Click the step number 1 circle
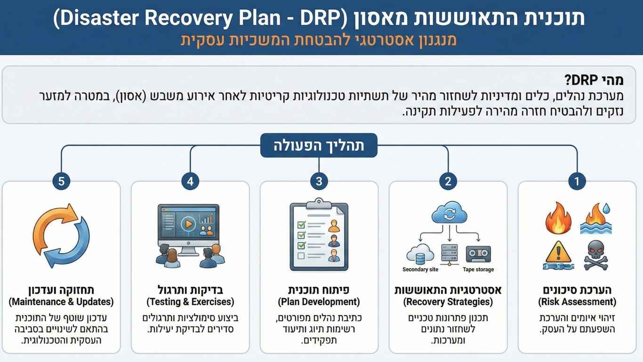[577, 181]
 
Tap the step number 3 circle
[319, 181]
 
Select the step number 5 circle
[61, 181]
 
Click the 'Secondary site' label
[420, 270]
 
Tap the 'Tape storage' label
[478, 270]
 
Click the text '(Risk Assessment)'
[577, 302]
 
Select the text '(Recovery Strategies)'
[448, 302]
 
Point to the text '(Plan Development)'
[319, 302]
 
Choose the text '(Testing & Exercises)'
[190, 302]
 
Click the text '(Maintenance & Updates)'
[61, 302]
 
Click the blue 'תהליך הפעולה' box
[319, 146]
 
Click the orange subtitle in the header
[319, 40]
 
